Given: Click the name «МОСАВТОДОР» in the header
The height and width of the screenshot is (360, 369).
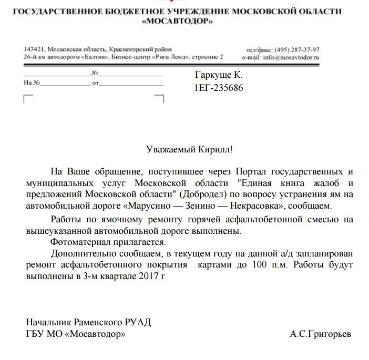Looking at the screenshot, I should point(178,22).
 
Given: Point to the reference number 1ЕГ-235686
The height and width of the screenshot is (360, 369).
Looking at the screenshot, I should point(219,88).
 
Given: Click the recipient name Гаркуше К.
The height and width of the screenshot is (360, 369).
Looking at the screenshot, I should point(219,76).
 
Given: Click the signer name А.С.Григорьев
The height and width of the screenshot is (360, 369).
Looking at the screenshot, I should point(320,334).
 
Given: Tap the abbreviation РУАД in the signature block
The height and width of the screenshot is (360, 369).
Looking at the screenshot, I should point(139,322).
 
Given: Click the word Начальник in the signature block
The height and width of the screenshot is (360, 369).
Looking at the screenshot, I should point(48,322).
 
